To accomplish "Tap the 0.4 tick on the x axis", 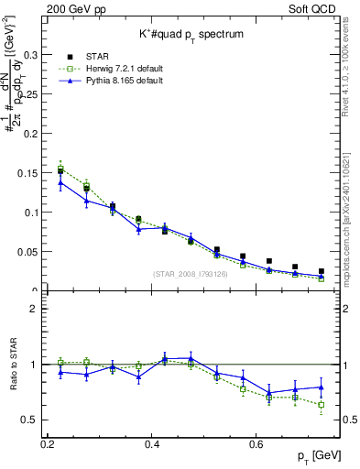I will [x=153, y=444].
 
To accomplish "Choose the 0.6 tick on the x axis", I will [x=258, y=444].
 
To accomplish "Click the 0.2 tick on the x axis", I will [x=48, y=444].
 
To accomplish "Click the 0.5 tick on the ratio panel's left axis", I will [x=32, y=420].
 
